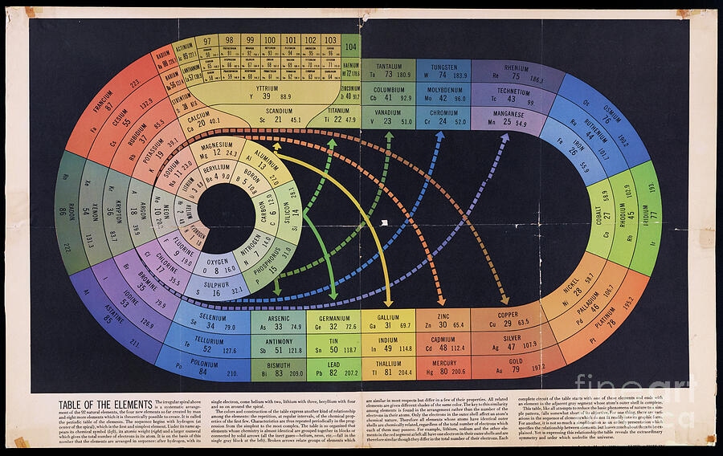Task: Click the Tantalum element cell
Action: pos(388,71)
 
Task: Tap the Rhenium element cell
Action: pos(509,73)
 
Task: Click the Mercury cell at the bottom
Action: pos(443,367)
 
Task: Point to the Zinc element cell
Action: pos(443,320)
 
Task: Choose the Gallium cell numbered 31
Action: pos(389,320)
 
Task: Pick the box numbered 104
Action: pos(351,45)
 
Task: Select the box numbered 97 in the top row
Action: pos(207,40)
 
